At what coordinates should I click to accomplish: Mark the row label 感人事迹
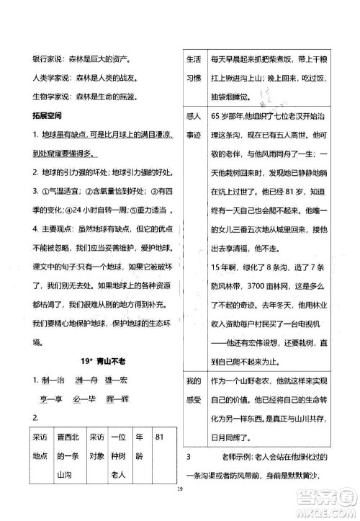coord(192,125)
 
